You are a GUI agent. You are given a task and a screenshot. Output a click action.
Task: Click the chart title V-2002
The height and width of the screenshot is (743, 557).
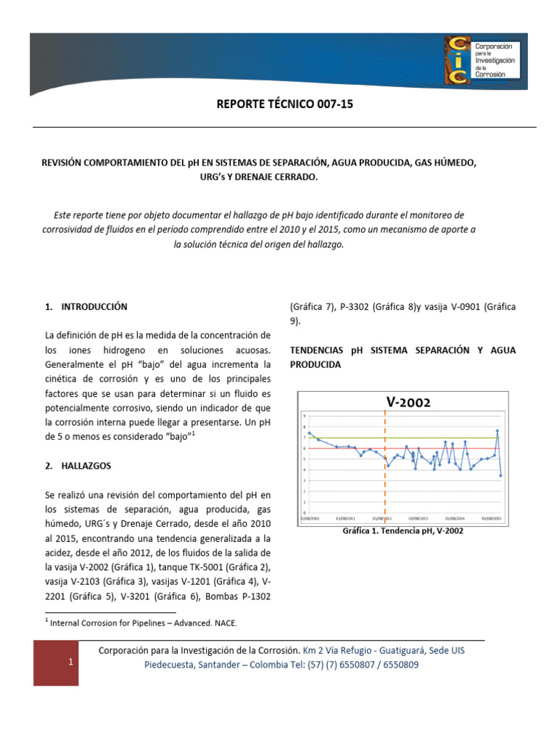click(x=408, y=402)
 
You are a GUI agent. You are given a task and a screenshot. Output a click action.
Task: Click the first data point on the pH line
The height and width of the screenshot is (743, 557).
click(x=310, y=432)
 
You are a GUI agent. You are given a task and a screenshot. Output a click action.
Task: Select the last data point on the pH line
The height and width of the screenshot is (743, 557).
click(x=500, y=476)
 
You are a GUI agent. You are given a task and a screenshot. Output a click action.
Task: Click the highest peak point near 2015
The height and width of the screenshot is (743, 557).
click(x=497, y=430)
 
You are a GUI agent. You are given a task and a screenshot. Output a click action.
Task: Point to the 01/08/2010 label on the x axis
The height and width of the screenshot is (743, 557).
click(x=310, y=519)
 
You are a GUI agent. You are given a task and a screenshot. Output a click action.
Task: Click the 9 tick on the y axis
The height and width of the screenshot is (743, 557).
click(x=304, y=416)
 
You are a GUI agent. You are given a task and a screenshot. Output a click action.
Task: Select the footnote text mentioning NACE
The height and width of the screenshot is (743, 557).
click(x=143, y=623)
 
